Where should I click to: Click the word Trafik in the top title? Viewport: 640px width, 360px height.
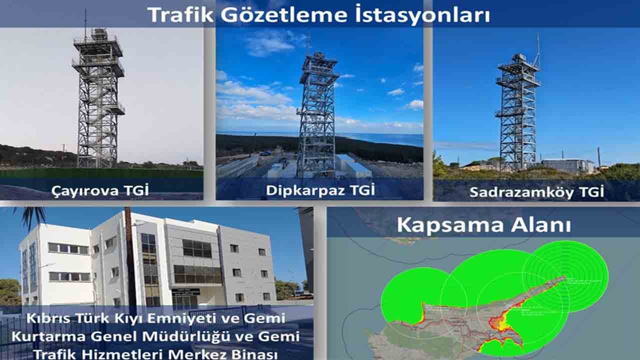[x=177, y=15]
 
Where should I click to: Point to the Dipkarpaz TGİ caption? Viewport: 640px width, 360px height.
[x=320, y=190]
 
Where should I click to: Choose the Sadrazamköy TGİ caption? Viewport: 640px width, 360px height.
[x=536, y=191]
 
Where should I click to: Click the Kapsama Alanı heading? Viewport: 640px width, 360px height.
[x=483, y=224]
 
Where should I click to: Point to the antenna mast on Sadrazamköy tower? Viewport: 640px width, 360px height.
[x=538, y=50]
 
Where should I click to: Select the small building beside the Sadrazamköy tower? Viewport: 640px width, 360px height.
[x=567, y=165]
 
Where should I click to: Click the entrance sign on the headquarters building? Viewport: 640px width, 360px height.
[x=186, y=291]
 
